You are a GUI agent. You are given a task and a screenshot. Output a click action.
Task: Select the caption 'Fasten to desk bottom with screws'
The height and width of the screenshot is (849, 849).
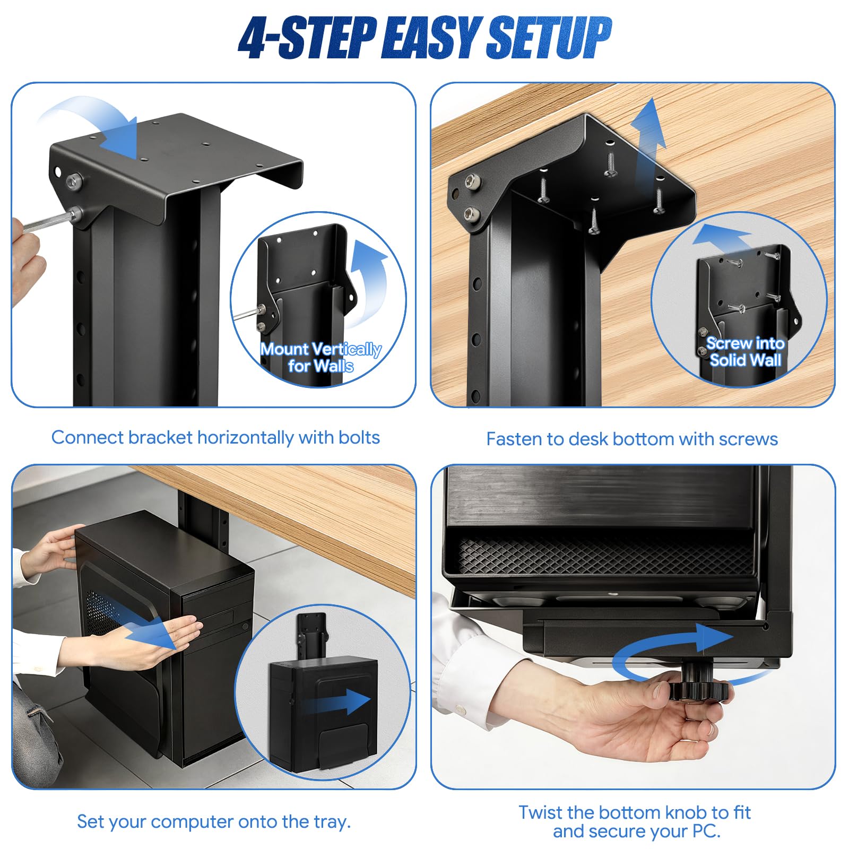click(x=632, y=439)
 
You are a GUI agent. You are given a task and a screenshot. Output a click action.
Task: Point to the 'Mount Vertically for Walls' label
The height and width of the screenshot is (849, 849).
click(x=320, y=358)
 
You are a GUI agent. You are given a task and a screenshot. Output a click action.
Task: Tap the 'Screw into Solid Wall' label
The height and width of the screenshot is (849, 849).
click(x=745, y=352)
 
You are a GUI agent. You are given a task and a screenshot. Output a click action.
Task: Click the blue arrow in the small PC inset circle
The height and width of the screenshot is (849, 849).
click(x=337, y=701)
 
